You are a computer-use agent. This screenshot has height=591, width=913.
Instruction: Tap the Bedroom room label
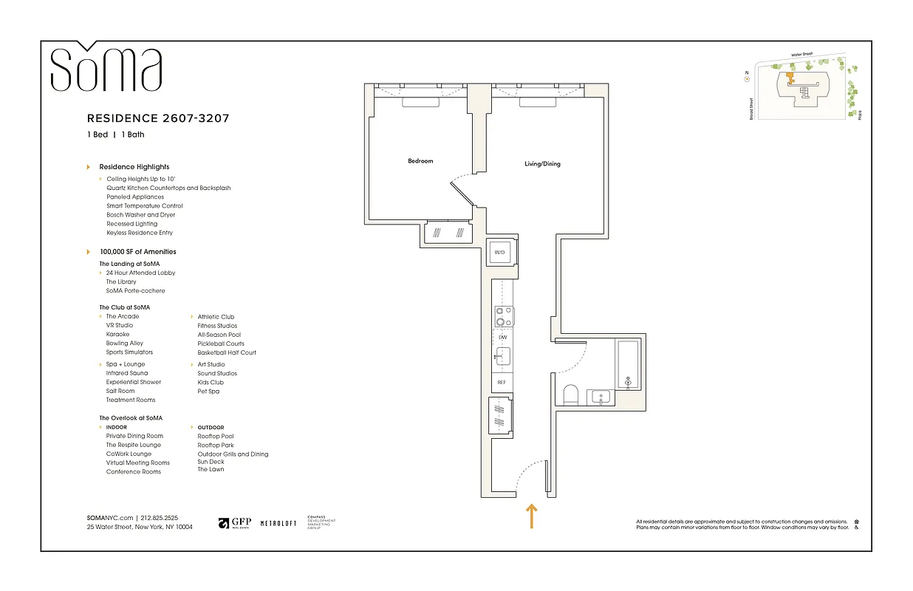click(420, 161)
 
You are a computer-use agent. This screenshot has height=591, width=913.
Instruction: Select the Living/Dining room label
click(542, 164)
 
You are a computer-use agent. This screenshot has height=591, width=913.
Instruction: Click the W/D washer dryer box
click(499, 253)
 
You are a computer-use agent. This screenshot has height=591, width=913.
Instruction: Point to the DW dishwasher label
click(502, 337)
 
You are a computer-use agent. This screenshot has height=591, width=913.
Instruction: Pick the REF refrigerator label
click(502, 383)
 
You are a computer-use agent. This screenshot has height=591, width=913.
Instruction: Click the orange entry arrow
click(531, 516)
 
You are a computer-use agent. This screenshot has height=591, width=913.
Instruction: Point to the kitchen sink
click(502, 358)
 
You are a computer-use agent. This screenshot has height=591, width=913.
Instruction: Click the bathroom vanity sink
click(601, 397)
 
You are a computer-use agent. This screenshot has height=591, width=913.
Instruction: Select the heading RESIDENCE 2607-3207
click(163, 118)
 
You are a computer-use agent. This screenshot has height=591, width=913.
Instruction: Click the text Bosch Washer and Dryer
click(141, 215)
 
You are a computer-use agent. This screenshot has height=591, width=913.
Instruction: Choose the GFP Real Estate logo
click(235, 523)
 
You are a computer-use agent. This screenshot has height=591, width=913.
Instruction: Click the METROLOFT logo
click(278, 523)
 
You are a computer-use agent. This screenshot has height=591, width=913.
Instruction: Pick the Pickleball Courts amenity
click(221, 344)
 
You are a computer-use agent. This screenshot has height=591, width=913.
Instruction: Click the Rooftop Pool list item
click(215, 437)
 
